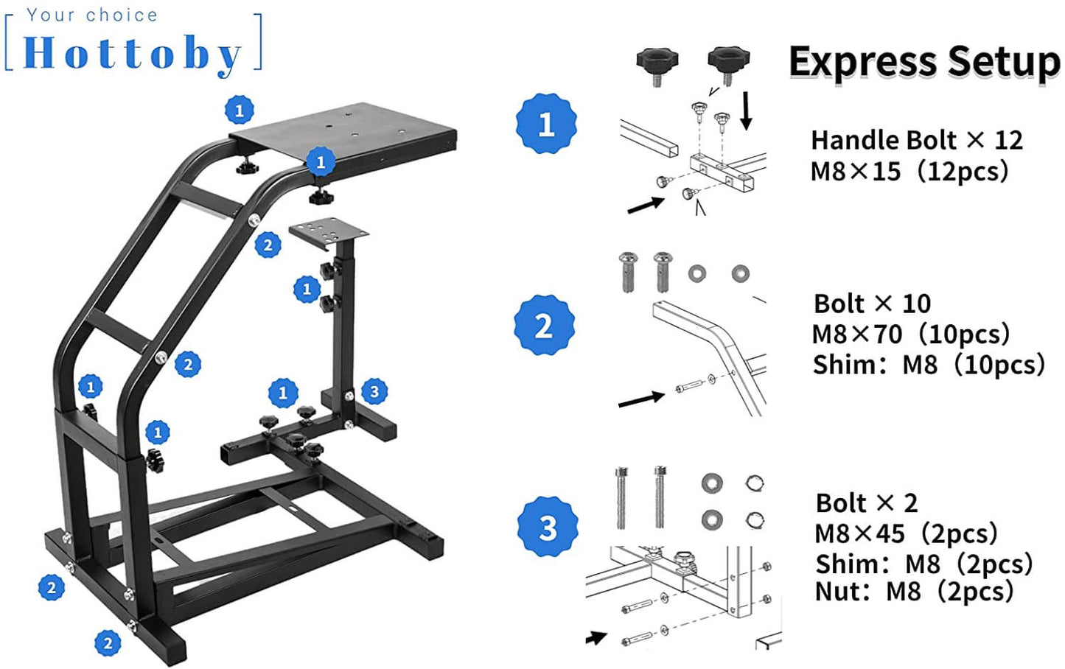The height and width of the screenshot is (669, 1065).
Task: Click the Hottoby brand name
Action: (133, 53)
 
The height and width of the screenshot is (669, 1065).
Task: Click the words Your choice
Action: (92, 15)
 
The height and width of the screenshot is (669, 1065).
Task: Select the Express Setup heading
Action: (924, 62)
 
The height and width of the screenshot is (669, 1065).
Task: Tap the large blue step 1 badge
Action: (545, 124)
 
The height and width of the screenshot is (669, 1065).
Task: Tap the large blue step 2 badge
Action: (544, 325)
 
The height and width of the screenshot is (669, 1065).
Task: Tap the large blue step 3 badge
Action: (547, 527)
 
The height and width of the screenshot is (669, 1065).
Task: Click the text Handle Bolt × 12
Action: (916, 140)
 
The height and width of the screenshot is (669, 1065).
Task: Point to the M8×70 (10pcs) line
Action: (910, 334)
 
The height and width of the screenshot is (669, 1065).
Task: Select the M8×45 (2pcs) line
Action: (906, 533)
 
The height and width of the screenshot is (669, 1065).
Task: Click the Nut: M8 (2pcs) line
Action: (914, 592)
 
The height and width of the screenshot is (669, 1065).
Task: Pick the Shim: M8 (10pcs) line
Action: (928, 365)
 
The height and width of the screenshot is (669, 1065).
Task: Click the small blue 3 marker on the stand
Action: (374, 391)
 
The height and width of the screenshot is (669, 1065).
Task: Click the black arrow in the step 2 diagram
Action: (640, 400)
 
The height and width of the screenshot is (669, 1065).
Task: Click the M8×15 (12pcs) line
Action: (909, 172)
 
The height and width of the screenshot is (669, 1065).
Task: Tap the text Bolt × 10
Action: (872, 304)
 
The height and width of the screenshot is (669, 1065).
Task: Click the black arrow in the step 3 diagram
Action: (596, 637)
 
